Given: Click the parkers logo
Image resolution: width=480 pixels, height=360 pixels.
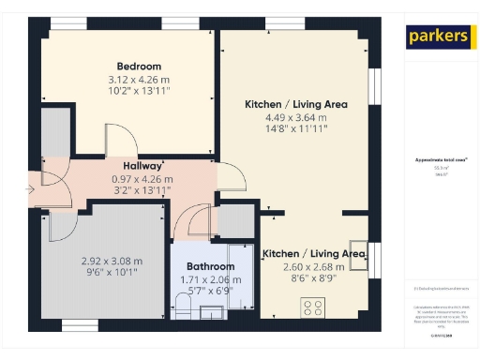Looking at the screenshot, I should [x=437, y=37].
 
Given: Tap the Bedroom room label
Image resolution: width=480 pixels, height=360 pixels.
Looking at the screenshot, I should [x=139, y=67].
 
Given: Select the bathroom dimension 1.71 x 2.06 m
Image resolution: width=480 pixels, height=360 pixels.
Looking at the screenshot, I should [x=203, y=280].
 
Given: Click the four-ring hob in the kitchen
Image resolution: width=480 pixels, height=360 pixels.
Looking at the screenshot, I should [x=311, y=307].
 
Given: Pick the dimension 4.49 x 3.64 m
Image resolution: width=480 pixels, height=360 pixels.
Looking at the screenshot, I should [x=295, y=118].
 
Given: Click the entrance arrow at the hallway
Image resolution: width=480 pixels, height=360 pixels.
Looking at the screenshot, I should [x=33, y=191].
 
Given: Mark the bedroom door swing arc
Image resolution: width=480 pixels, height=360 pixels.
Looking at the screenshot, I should [x=119, y=143].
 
